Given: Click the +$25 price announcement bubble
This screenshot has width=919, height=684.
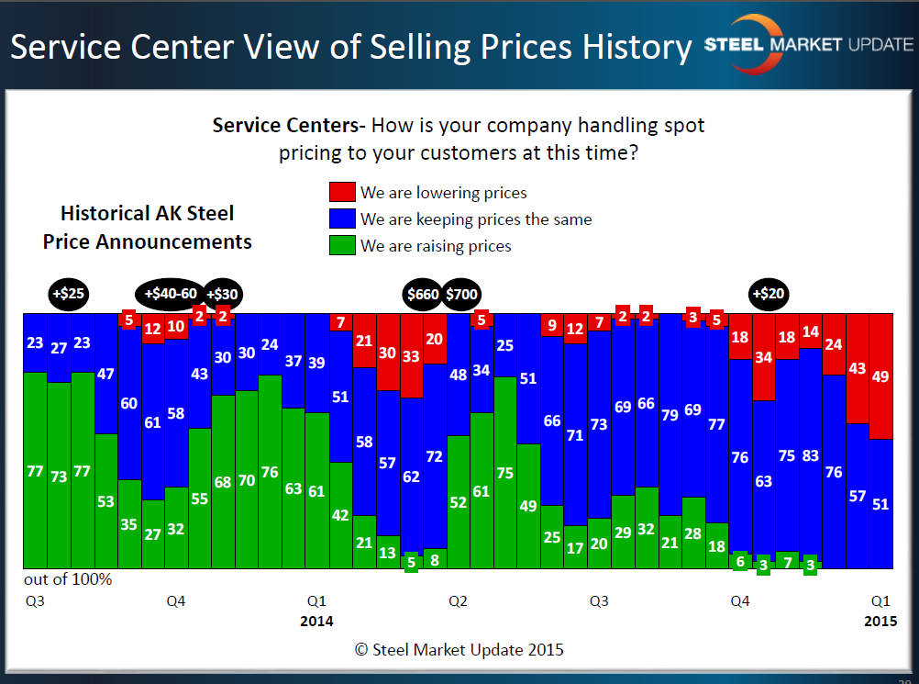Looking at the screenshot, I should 70,294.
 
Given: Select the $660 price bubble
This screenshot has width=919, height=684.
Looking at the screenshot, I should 423,294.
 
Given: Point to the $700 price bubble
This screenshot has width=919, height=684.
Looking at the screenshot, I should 461,294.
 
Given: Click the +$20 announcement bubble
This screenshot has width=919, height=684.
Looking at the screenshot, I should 769,294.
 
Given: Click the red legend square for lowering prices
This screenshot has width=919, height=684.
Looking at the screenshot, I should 341,193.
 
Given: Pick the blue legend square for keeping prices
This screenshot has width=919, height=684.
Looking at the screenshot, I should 341,219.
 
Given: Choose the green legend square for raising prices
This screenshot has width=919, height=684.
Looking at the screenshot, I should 341,246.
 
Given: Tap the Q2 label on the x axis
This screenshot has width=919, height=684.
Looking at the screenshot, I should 458,601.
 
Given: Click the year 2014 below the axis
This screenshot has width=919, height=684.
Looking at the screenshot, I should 316,622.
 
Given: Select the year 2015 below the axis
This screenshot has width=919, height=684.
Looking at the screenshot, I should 880,622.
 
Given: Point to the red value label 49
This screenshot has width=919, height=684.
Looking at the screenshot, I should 880,377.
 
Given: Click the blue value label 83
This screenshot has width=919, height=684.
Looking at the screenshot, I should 810,455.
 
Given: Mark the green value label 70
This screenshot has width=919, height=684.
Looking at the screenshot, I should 246,480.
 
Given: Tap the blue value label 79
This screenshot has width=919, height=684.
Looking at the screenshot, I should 670,415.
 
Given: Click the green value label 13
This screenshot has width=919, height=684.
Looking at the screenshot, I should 388,552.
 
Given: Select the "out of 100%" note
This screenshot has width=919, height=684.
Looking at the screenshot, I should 69,579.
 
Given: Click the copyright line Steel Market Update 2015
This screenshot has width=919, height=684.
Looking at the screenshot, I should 459,650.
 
